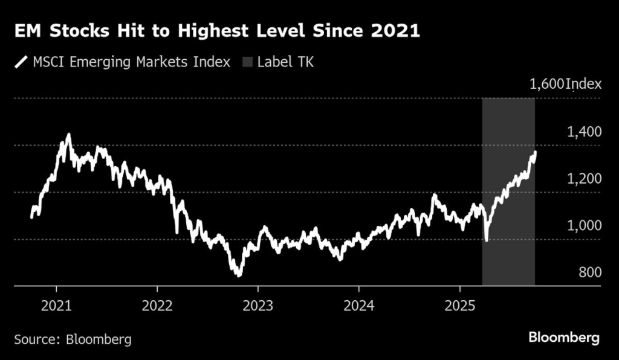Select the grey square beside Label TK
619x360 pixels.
(x=247, y=62)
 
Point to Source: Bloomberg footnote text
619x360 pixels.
(x=73, y=339)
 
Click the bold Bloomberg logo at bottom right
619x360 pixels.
(x=564, y=338)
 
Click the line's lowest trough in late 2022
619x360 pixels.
(x=239, y=275)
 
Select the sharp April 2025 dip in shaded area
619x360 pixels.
(x=487, y=240)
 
